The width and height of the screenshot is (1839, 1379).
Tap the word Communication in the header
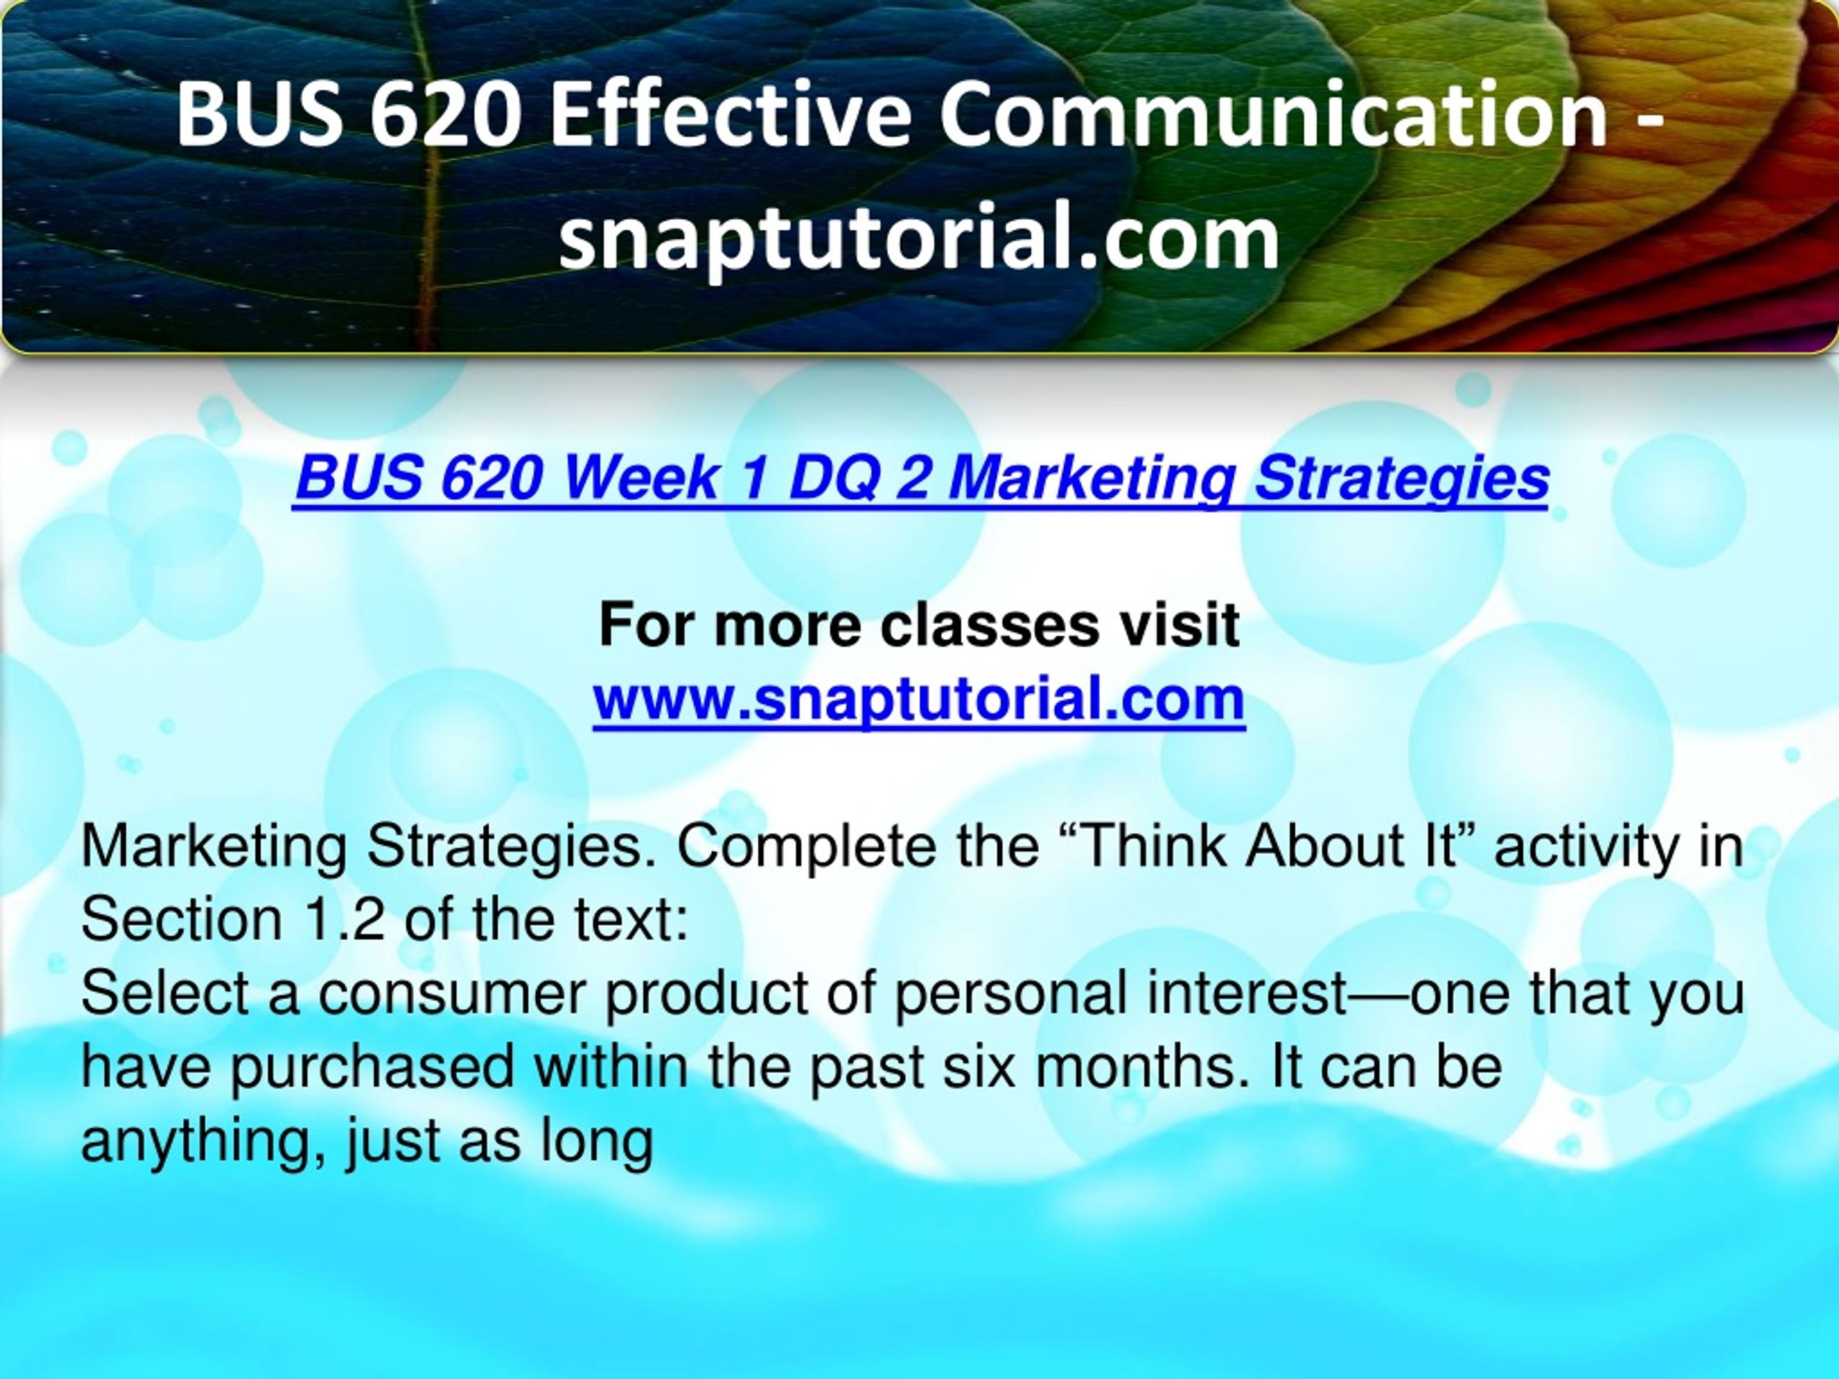click(1273, 116)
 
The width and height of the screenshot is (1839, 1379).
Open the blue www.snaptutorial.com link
click(919, 699)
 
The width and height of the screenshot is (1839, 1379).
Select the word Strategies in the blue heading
click(1401, 480)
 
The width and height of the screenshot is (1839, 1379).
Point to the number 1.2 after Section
click(341, 919)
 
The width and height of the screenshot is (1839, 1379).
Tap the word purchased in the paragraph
click(371, 1067)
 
